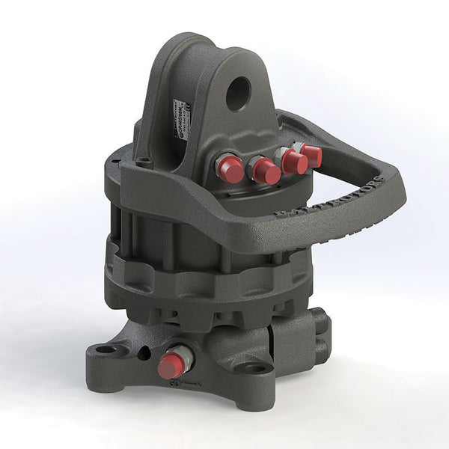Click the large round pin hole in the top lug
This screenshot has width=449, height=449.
[x=239, y=95]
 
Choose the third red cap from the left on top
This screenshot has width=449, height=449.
[x=294, y=162]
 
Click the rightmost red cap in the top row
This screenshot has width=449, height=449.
[x=311, y=155]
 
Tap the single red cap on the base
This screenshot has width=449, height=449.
[x=171, y=366]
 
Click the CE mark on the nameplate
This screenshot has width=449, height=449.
[x=186, y=109]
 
